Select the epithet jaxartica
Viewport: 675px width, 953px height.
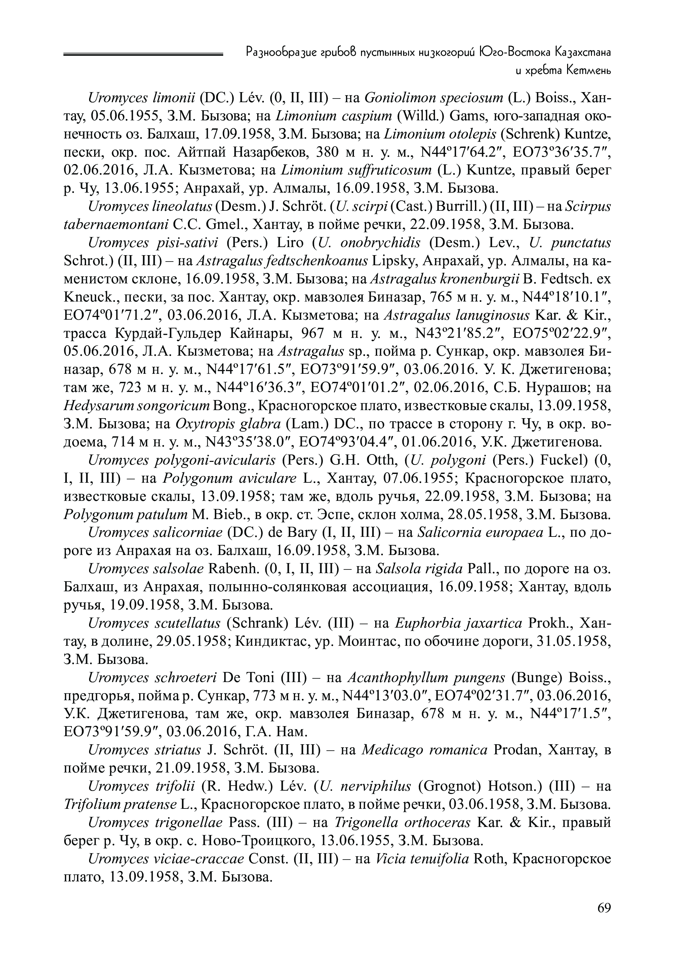click(x=492, y=624)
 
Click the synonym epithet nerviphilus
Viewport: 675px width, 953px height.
click(x=375, y=786)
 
